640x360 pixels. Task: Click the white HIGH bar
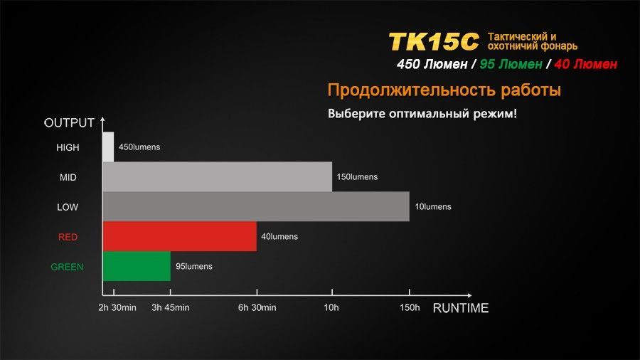(x=108, y=147)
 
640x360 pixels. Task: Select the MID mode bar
(x=217, y=176)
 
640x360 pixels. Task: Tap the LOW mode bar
(x=256, y=206)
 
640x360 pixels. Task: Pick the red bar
(x=180, y=236)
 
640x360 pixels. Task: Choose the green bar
(x=137, y=266)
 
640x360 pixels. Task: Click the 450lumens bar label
(x=139, y=147)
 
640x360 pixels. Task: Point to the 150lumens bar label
(x=357, y=176)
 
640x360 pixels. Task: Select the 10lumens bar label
(x=433, y=206)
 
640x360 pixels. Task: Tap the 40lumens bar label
(x=279, y=236)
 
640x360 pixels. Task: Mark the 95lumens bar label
(x=194, y=266)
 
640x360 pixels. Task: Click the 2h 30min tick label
(x=117, y=307)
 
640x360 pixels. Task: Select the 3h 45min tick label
(x=171, y=307)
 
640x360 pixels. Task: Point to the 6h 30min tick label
(x=257, y=307)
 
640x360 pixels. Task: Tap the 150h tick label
(x=410, y=307)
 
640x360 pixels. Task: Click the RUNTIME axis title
(x=460, y=308)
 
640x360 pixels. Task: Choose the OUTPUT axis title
(x=69, y=123)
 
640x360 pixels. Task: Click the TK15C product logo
(x=434, y=42)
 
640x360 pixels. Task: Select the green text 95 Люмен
(x=511, y=64)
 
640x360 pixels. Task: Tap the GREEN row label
(x=67, y=267)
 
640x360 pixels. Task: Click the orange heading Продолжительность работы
(x=444, y=90)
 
